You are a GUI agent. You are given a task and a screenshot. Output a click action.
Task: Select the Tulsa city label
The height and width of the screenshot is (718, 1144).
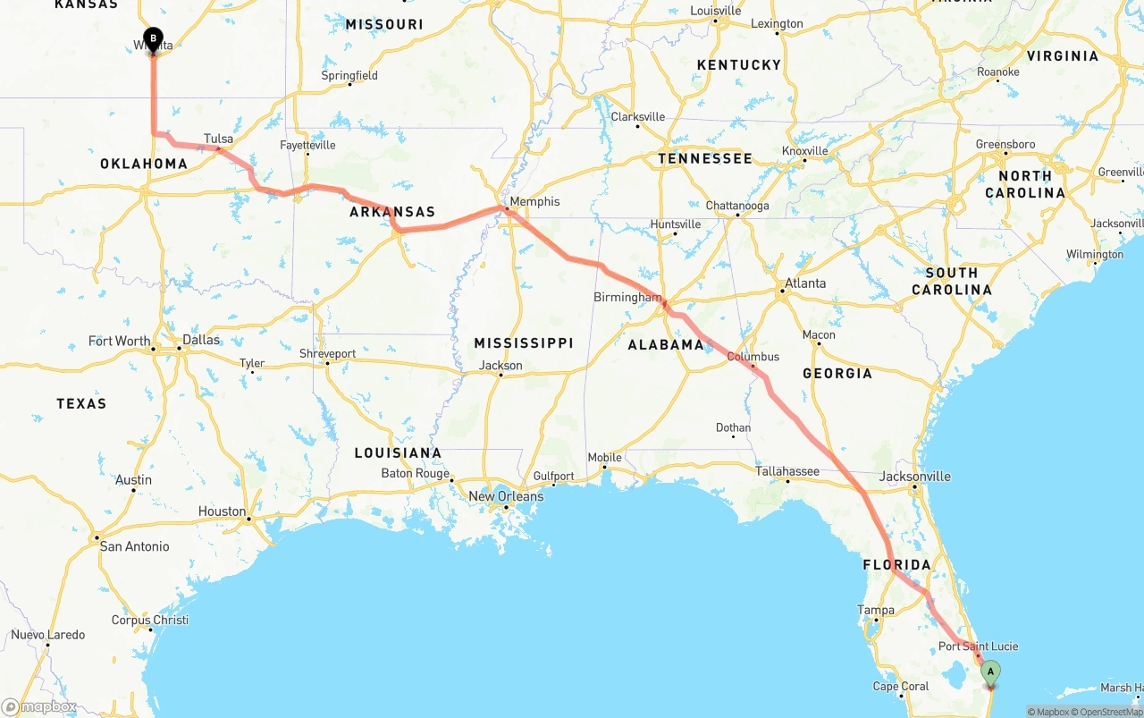tap(218, 139)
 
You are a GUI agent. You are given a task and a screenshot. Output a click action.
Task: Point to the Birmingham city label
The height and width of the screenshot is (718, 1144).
tap(627, 297)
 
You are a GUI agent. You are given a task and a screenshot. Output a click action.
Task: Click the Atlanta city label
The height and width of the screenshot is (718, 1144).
tap(804, 283)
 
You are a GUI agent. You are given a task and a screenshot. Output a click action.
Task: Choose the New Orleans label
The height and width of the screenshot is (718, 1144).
tap(506, 496)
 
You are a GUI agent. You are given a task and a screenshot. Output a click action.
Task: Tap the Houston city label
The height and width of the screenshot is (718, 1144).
tap(222, 511)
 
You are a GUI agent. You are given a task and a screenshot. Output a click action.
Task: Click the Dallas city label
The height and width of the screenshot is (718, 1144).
tap(200, 340)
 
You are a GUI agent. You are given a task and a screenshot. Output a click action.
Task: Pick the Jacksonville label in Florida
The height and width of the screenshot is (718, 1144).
tap(914, 477)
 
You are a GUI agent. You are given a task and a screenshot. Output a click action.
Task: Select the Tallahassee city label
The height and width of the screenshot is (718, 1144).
tap(787, 470)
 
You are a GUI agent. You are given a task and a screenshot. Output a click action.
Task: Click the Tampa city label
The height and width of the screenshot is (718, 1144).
tap(876, 610)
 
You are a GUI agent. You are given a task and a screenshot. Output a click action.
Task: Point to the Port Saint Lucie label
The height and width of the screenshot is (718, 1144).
tap(978, 646)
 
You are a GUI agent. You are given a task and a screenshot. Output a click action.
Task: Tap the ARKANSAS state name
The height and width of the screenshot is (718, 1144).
tap(392, 212)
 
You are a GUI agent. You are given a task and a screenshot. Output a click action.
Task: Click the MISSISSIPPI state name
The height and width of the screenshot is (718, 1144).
tap(524, 343)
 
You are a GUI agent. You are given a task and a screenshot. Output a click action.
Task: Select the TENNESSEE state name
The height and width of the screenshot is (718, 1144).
tap(705, 158)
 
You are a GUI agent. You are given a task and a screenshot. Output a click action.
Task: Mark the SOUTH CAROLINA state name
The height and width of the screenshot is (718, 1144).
tap(952, 281)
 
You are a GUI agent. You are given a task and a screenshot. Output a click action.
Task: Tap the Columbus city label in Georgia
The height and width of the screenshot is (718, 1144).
tap(753, 356)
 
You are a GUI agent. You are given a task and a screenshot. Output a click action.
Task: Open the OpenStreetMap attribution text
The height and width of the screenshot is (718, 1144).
tap(1110, 712)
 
